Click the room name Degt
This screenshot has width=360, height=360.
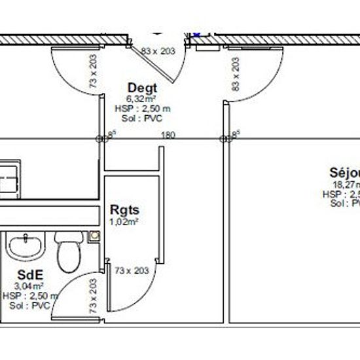[142, 88]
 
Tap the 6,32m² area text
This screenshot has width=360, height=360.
[142, 99]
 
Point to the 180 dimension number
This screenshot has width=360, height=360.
[168, 135]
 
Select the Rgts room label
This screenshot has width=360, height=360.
[124, 211]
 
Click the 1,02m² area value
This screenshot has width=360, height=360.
[124, 222]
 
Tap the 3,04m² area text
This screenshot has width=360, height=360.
[29, 286]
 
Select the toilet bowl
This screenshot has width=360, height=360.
[67, 257]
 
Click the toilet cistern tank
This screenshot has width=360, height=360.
[67, 236]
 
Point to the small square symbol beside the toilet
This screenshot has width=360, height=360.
[96, 234]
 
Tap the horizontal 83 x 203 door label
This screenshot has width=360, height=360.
[158, 50]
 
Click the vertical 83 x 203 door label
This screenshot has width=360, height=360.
[236, 74]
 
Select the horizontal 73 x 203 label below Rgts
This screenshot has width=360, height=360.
[132, 270]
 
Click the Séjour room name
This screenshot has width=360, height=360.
[345, 173]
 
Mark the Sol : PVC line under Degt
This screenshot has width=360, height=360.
[142, 118]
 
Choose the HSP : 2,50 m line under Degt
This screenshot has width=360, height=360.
[142, 109]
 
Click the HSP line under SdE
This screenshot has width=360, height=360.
[29, 296]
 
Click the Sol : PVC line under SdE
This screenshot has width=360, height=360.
[29, 305]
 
